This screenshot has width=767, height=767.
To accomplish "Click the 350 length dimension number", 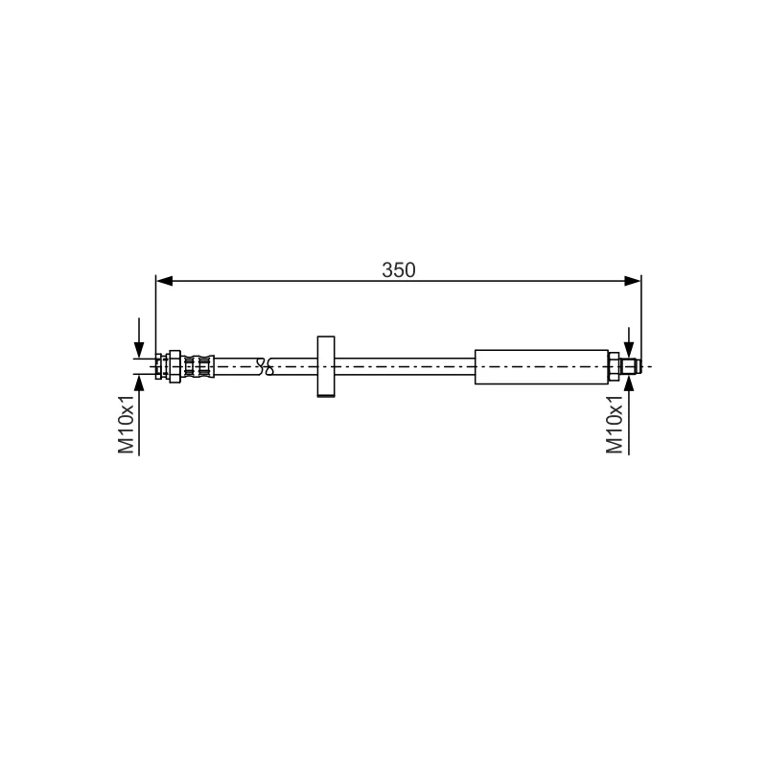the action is [399, 270].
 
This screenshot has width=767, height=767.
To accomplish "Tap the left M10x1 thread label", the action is [126, 423].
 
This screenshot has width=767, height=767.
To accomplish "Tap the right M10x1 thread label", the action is [615, 424].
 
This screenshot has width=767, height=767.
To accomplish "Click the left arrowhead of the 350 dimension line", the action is [164, 281].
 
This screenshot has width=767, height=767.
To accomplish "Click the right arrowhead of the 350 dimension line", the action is [633, 281].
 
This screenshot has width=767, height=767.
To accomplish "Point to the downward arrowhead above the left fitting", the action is [139, 350].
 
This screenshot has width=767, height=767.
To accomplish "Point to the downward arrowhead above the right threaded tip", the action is [629, 350].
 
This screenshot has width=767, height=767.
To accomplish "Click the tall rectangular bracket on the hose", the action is [326, 366].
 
